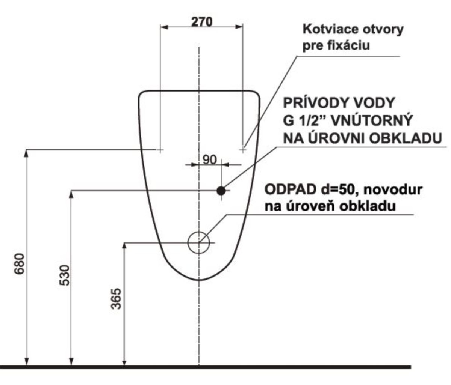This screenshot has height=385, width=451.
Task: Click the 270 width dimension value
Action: (201, 21)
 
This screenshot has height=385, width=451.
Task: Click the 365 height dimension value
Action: (118, 298)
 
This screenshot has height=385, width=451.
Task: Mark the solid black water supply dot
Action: (221, 190)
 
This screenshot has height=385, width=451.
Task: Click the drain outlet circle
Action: (198, 242)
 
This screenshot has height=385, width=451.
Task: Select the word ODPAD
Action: (286, 189)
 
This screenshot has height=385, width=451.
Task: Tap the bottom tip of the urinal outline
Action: (199, 280)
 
